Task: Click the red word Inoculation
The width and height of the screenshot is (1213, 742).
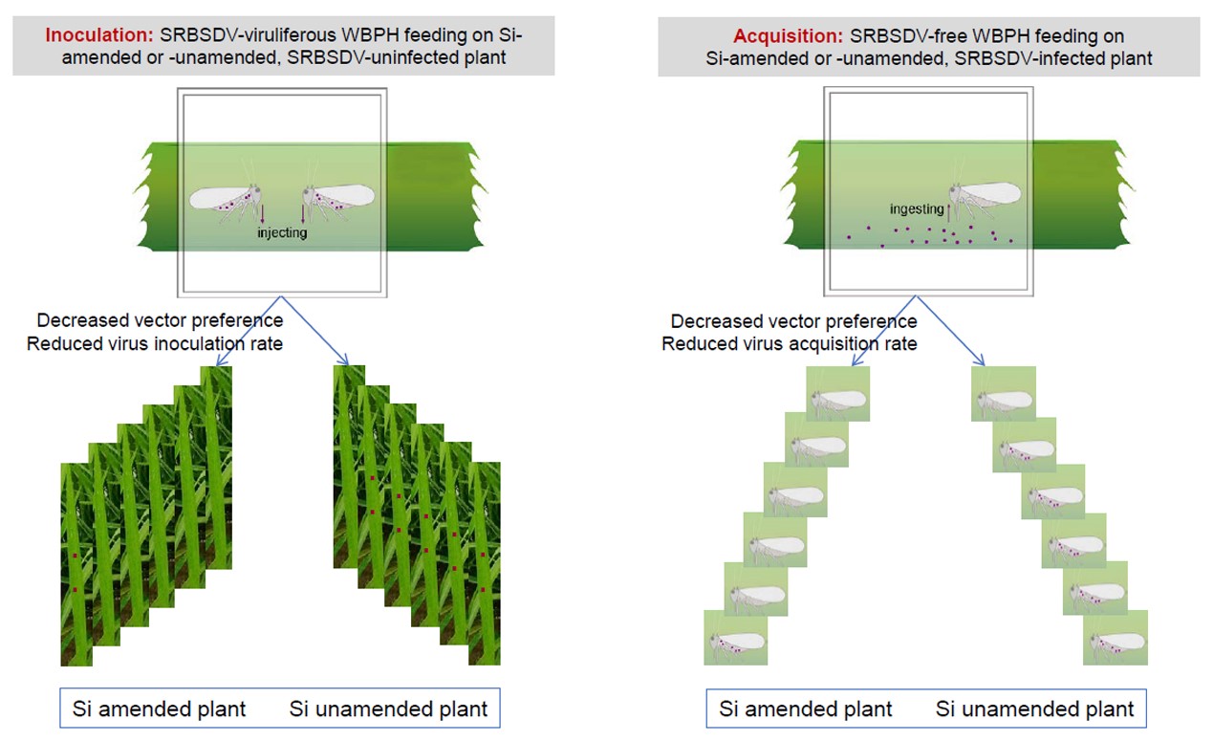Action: [x=99, y=35]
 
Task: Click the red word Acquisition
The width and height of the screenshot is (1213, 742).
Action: [x=788, y=36]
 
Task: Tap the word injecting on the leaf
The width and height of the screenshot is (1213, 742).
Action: [x=282, y=233]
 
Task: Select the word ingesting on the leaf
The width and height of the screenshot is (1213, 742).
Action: [x=917, y=209]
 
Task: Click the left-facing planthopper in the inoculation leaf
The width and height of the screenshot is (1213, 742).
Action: [x=338, y=199]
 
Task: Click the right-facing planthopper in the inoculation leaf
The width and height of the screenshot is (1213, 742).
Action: [x=226, y=201]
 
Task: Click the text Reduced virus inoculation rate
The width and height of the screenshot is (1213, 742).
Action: [x=155, y=344]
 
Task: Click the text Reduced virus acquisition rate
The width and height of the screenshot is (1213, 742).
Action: [x=790, y=344]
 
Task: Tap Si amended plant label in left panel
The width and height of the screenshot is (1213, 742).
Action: [x=160, y=709]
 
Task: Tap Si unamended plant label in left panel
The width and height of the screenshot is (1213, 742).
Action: [x=388, y=709]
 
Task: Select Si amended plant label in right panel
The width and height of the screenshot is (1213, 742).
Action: [x=805, y=709]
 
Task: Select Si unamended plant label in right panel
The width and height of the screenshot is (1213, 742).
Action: [x=1035, y=709]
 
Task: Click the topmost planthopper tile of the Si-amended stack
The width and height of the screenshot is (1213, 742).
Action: [x=837, y=394]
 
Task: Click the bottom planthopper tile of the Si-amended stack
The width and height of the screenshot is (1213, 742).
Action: [x=735, y=638]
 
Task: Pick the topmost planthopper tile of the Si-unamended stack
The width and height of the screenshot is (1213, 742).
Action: [x=1004, y=394]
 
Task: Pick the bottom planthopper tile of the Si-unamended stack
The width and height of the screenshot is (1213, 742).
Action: [x=1115, y=638]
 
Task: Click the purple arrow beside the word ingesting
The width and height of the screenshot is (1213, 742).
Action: [x=949, y=211]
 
